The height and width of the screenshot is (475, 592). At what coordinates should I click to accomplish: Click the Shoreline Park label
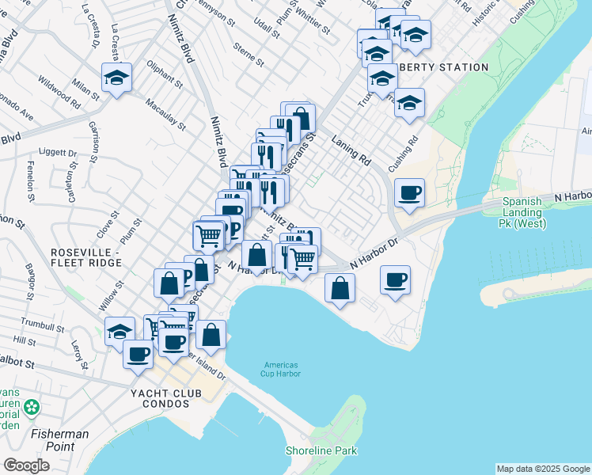(321, 450)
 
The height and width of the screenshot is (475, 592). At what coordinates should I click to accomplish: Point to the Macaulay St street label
(165, 114)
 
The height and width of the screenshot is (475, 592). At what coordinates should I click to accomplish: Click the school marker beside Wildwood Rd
(117, 78)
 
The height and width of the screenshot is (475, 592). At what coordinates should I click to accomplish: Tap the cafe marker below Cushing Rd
(409, 193)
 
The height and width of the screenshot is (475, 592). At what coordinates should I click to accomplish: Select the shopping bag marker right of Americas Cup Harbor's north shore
(340, 288)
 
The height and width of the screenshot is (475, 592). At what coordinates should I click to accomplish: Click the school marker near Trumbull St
(120, 332)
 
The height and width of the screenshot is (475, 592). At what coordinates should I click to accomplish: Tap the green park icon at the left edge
(32, 408)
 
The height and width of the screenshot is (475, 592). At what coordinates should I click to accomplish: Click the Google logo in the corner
(27, 465)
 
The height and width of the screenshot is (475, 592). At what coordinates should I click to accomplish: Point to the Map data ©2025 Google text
(542, 469)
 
